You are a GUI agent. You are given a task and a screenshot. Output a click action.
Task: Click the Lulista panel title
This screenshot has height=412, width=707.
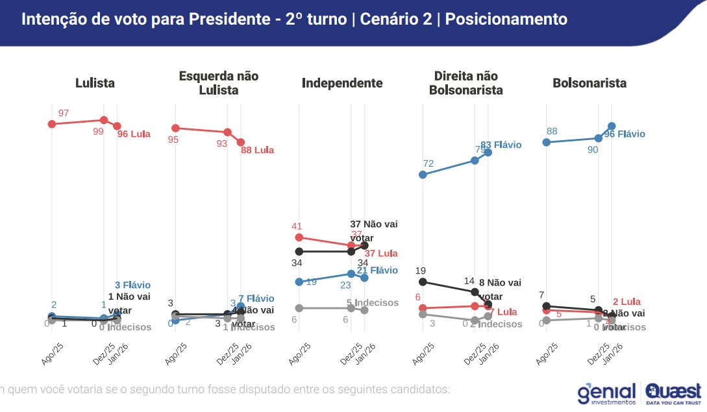point(95,83)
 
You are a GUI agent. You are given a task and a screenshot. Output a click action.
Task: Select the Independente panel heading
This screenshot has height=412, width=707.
point(342,83)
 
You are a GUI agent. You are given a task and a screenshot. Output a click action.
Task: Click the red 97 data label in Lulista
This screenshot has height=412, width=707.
point(64,113)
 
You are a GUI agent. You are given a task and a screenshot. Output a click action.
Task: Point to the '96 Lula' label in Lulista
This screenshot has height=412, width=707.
point(134,134)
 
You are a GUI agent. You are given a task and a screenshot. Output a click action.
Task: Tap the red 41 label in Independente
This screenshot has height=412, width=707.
point(297,226)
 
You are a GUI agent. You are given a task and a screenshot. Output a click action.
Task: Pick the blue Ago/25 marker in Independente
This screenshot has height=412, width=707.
point(299,282)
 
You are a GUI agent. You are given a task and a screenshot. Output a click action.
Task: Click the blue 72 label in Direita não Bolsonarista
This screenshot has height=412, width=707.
point(428,163)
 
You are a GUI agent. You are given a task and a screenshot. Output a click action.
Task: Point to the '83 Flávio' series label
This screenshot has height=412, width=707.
point(501,145)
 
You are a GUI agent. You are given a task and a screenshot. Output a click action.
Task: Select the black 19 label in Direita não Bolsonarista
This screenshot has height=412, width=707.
point(421,271)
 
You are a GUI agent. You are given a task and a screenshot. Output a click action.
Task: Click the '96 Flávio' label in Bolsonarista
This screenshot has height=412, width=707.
point(625,134)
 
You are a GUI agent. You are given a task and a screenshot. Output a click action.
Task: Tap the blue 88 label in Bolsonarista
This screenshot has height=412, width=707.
point(552,131)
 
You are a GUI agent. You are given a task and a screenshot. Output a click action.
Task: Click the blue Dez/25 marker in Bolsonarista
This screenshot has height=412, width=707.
point(599,138)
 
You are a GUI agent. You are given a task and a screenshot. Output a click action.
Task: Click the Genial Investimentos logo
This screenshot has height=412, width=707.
point(606,394)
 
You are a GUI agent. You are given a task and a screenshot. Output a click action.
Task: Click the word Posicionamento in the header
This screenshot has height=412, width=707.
point(506,19)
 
